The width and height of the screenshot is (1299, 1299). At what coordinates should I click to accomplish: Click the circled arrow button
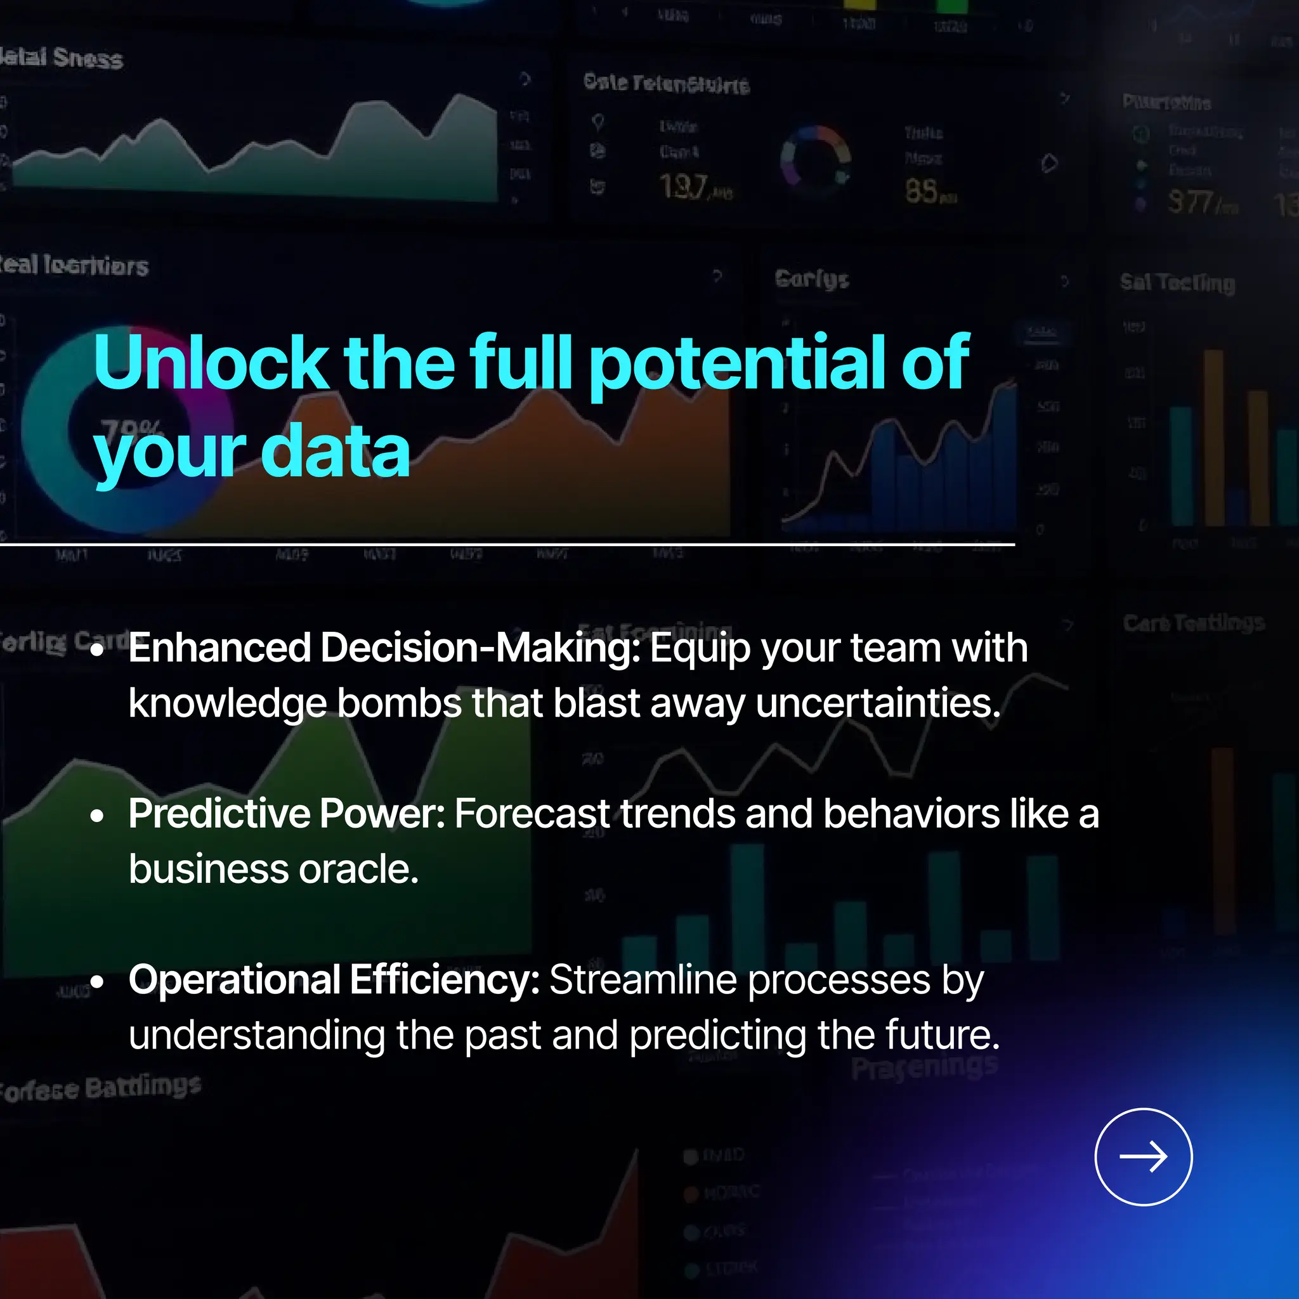coord(1143,1156)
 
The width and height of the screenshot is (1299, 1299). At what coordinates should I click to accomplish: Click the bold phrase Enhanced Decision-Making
coord(384,648)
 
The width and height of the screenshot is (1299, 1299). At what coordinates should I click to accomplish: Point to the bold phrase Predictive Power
coord(287,814)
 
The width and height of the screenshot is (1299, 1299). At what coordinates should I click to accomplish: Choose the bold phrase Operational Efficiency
coord(334,979)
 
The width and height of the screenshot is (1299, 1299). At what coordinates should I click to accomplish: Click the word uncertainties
coord(878,703)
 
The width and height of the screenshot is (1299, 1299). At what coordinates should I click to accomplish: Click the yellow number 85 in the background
coord(921,192)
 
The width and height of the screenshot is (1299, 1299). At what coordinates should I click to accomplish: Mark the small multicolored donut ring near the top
coord(815,160)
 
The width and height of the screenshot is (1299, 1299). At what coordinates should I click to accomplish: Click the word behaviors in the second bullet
coord(910,814)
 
